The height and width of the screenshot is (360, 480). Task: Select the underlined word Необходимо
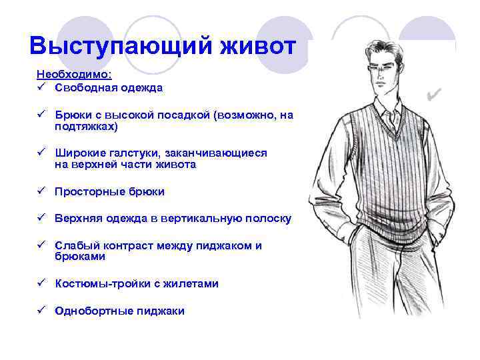click(x=73, y=75)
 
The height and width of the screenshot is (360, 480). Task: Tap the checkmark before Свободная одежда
click(x=41, y=87)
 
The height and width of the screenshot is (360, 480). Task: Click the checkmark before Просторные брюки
click(x=41, y=191)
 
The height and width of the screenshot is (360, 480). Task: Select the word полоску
click(x=267, y=219)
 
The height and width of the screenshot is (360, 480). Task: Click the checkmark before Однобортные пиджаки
click(x=41, y=311)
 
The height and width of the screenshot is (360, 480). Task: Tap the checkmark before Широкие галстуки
click(x=41, y=153)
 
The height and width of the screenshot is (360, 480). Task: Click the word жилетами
click(x=193, y=283)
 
